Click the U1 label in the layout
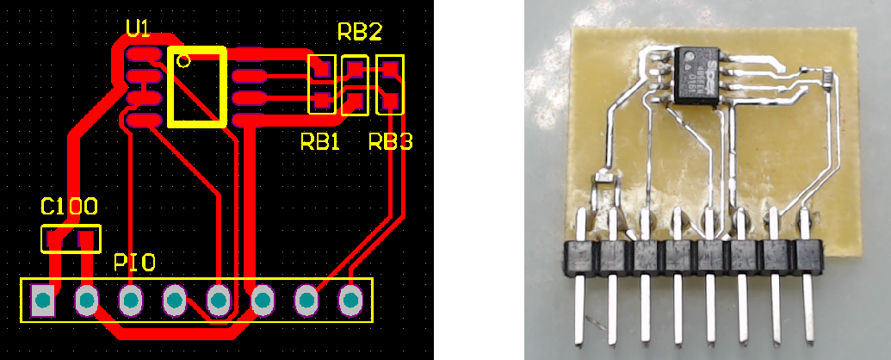coord(138,29)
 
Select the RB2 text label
coord(359,33)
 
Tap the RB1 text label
coord(320,142)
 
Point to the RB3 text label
coord(390,142)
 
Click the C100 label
coord(69,208)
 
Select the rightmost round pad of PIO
coord(350,300)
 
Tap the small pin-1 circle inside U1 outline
coord(183,60)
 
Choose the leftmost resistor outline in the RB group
coord(321,84)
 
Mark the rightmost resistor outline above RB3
coord(390,84)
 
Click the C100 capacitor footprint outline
coord(71,239)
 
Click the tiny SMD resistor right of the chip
coord(827,78)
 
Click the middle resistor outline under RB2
coord(356,84)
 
